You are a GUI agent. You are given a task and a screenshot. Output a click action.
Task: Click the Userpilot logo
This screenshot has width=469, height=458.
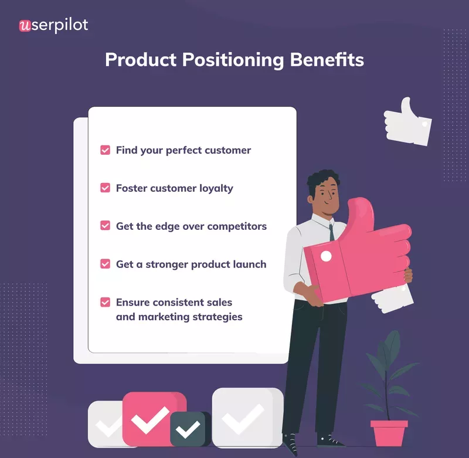point(53,25)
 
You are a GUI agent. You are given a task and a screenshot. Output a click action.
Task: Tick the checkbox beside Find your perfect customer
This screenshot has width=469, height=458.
point(106,150)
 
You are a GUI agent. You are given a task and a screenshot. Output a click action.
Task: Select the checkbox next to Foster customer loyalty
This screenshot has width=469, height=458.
point(106,188)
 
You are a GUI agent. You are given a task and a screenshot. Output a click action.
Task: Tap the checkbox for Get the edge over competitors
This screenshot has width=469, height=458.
point(106,226)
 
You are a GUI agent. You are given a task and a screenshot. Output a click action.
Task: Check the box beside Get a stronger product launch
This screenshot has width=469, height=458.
point(106,264)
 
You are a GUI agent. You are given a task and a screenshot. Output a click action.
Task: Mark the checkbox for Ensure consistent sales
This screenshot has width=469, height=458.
point(106,303)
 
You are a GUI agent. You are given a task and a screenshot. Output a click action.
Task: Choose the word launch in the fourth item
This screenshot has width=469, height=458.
point(248,264)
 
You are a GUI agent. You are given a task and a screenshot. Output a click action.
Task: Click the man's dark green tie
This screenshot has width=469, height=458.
point(332,231)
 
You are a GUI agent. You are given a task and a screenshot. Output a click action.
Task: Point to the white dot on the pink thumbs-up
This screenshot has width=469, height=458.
point(326,256)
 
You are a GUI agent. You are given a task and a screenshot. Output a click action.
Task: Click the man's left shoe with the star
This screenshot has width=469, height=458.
point(290,443)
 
